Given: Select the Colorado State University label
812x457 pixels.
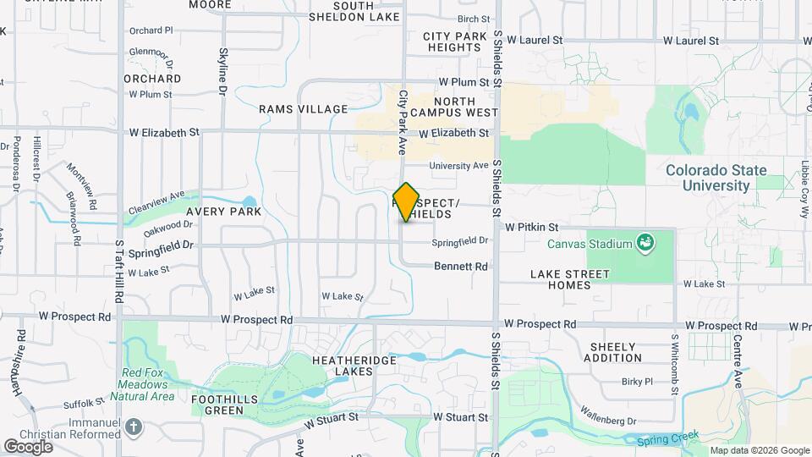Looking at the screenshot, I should (x=708, y=177).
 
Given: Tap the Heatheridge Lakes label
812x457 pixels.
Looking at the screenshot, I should (x=354, y=366).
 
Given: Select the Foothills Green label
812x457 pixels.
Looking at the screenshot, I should (x=217, y=404).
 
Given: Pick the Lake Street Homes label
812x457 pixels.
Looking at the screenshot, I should (x=569, y=279).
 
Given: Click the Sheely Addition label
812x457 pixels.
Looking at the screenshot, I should (x=612, y=352).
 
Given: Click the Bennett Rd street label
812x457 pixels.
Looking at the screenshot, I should (x=461, y=267).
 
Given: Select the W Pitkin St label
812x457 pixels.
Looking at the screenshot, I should (x=532, y=227).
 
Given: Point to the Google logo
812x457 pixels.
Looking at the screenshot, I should (x=28, y=446).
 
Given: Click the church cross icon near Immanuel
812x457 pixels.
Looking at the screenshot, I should (x=134, y=427).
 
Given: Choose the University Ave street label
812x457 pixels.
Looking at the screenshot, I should (x=458, y=166).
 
